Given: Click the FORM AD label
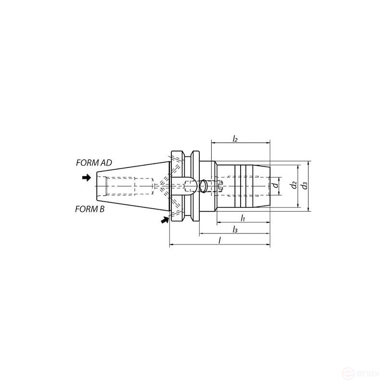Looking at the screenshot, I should click(94, 163).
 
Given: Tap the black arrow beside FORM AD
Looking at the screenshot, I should click(87, 178).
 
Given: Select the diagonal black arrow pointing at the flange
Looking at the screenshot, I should click(165, 220).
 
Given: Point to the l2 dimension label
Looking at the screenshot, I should click(235, 139).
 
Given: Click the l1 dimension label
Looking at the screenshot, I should click(243, 218).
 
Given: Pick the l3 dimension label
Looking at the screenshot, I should click(235, 230).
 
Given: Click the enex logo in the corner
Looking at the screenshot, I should click(364, 373).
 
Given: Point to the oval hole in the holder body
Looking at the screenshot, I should click(205, 185).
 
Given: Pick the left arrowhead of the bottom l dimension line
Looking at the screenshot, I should click(172, 245).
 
